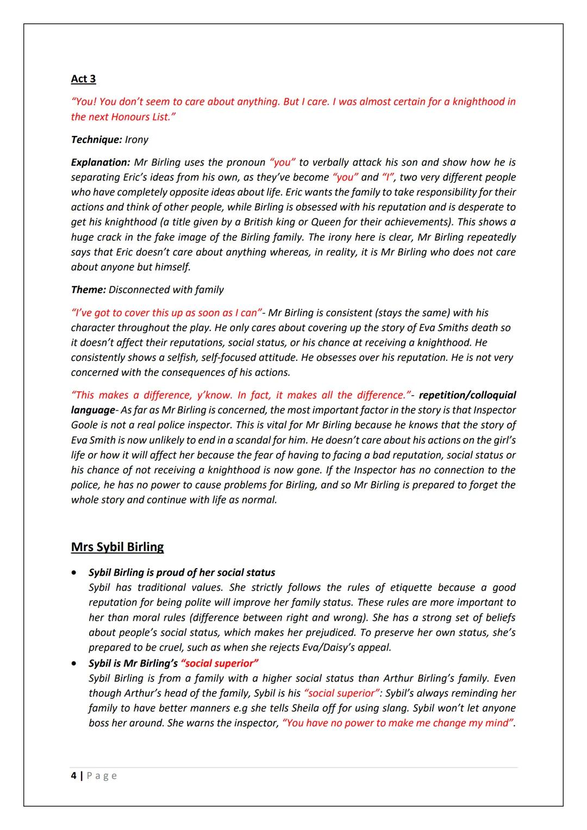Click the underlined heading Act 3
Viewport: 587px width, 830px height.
tap(83, 79)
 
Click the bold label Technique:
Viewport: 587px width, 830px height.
tap(96, 140)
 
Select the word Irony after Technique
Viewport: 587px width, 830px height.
tap(136, 140)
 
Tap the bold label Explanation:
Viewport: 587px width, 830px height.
tap(101, 163)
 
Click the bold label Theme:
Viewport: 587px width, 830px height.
tap(88, 290)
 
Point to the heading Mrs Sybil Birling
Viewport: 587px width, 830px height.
tap(117, 547)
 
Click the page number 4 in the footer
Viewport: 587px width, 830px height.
tap(73, 776)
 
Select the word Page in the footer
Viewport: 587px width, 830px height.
tap(102, 776)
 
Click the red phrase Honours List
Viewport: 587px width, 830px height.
tap(140, 117)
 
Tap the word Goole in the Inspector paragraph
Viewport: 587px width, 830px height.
tap(86, 425)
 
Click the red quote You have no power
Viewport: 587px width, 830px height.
tap(398, 723)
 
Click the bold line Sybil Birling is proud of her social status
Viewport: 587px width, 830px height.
tap(182, 573)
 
